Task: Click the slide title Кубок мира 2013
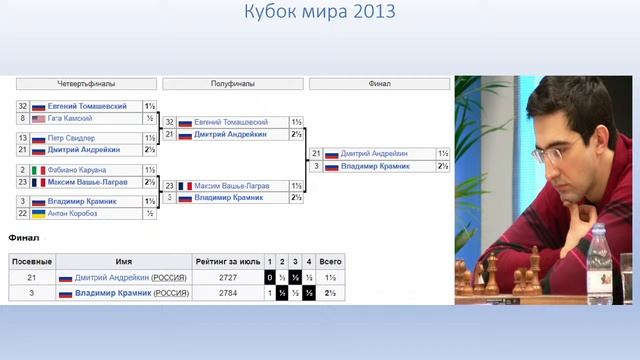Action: pyautogui.click(x=320, y=13)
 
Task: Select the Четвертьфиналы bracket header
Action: pyautogui.click(x=87, y=84)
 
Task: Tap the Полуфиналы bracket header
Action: pyautogui.click(x=233, y=84)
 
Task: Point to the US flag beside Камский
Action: pyautogui.click(x=39, y=118)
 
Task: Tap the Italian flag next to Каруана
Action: pyautogui.click(x=39, y=170)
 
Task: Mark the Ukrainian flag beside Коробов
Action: pyautogui.click(x=39, y=213)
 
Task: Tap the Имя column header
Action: pyautogui.click(x=123, y=260)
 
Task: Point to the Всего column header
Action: pyautogui.click(x=331, y=260)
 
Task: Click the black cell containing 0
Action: pyautogui.click(x=269, y=276)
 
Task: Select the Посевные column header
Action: pyautogui.click(x=30, y=260)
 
